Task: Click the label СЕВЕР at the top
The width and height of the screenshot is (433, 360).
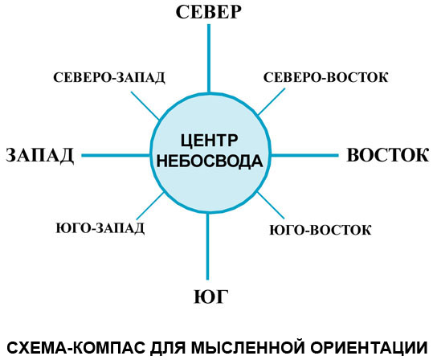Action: (209, 12)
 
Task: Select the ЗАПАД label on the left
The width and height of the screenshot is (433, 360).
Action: (40, 155)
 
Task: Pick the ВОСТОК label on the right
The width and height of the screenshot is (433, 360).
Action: (388, 155)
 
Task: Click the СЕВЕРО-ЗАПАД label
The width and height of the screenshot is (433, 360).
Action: (109, 78)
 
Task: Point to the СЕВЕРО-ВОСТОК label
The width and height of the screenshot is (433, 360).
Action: (326, 77)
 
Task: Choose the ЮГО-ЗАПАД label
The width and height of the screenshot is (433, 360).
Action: (100, 228)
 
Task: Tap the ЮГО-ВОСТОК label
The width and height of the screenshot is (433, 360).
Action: (321, 230)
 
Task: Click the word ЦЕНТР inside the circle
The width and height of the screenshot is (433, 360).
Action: (209, 141)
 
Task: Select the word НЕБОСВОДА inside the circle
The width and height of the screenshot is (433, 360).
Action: (210, 161)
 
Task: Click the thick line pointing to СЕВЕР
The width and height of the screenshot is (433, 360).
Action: (209, 58)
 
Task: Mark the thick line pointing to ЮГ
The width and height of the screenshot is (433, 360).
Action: (207, 246)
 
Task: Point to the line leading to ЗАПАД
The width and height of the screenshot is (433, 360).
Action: (116, 156)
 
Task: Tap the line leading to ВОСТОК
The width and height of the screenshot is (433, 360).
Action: (305, 156)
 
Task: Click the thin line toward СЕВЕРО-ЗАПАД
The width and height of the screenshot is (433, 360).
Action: (145, 105)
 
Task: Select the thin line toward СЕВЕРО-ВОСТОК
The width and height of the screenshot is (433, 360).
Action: (272, 102)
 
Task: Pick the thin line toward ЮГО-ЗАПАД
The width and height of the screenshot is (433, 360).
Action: (150, 207)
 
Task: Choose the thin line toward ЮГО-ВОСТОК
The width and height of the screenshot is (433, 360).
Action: (271, 205)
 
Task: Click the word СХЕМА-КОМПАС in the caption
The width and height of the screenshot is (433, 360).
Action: (76, 348)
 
